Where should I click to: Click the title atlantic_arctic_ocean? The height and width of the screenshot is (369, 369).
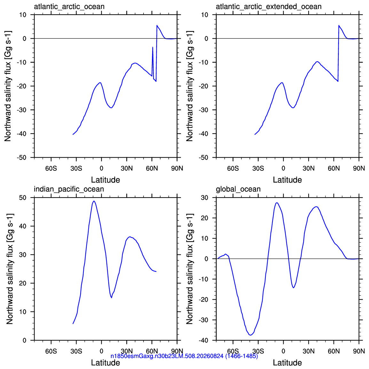69,7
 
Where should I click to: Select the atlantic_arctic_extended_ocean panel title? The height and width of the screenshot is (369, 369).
269,7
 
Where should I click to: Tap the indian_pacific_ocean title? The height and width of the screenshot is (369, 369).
69,189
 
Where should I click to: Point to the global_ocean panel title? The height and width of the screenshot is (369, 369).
238,189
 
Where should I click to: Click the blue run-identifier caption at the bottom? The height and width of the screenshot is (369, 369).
184,356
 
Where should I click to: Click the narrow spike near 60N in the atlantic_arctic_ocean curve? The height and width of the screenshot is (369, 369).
153,47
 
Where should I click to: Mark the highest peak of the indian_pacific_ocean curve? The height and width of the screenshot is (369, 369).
94,201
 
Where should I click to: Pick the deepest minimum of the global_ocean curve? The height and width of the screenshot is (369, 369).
251,335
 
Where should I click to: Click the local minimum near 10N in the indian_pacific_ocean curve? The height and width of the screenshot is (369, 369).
111,298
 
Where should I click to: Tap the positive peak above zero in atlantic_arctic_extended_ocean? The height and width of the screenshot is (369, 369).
339,25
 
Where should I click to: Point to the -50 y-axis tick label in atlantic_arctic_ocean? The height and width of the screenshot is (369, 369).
21,157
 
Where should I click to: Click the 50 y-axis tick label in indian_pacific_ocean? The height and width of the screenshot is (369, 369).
23,198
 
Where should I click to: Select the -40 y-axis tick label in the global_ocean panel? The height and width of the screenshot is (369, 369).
203,340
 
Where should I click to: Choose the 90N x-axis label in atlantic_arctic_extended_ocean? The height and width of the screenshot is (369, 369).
359,169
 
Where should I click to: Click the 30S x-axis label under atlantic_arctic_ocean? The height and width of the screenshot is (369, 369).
76,169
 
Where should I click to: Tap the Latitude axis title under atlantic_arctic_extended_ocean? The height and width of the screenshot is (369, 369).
287,180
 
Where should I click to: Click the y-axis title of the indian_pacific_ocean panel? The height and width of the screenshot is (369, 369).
10,269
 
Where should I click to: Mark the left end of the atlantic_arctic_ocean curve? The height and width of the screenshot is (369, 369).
73,134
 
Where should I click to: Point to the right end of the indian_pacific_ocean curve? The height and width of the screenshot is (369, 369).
156,271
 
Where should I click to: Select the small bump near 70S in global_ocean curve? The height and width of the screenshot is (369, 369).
225,254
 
